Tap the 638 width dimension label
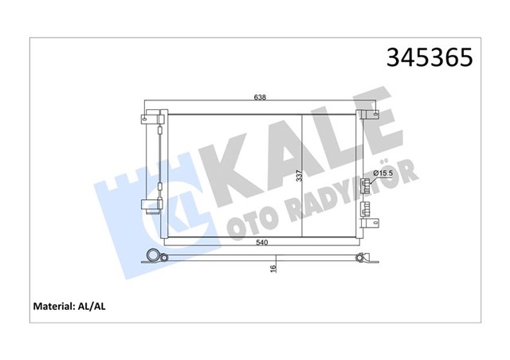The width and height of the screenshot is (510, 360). (260, 97)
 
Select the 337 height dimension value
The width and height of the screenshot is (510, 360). (299, 176)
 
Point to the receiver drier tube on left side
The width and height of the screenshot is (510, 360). (159, 159)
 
